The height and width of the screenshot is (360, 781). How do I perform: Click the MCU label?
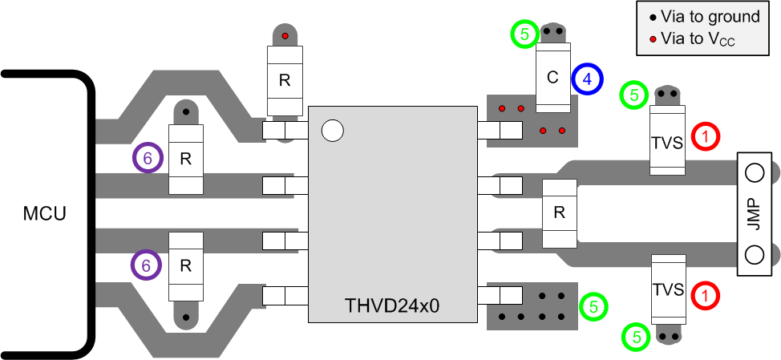click(x=45, y=214)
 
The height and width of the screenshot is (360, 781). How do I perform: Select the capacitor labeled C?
click(x=552, y=78)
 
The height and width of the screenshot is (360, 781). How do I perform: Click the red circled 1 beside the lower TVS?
click(x=705, y=295)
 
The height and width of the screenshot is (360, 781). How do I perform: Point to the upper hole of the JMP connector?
click(x=753, y=172)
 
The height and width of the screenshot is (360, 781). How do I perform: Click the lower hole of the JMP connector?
click(x=753, y=254)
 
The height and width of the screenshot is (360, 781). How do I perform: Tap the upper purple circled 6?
click(x=148, y=159)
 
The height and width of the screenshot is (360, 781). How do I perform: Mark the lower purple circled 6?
click(x=148, y=264)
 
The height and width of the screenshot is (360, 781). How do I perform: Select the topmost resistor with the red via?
click(x=284, y=80)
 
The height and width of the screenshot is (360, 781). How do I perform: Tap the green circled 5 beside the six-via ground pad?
click(x=593, y=305)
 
